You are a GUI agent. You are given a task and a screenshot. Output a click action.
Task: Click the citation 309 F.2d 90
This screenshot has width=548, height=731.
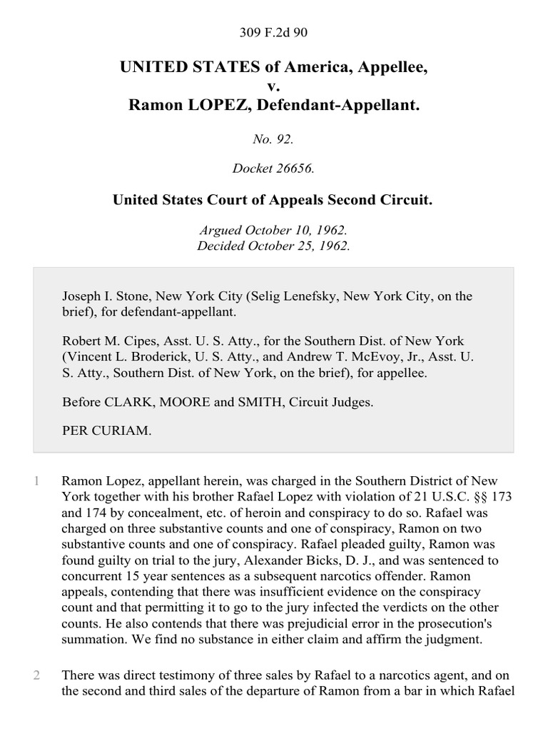[x=273, y=31]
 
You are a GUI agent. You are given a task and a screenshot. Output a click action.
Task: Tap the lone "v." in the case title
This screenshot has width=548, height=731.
[x=273, y=87]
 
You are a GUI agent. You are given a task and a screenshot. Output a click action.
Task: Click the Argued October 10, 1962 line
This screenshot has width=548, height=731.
[x=273, y=231]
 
